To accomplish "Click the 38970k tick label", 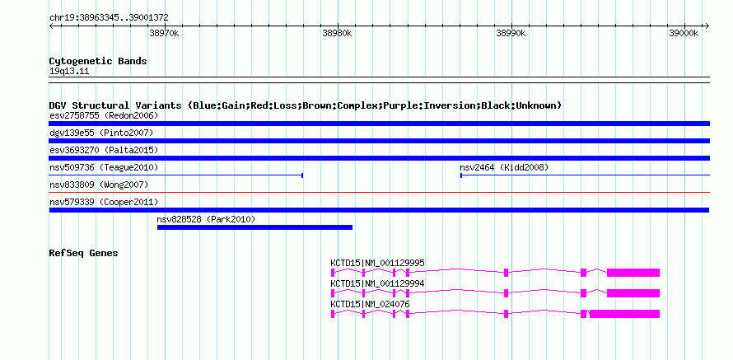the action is [x=164, y=33].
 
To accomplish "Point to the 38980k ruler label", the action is [x=337, y=33].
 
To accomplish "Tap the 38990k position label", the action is [x=511, y=33].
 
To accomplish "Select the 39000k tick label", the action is [x=684, y=33].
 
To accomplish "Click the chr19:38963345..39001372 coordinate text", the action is [x=109, y=18].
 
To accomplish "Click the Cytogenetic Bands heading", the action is [x=98, y=61].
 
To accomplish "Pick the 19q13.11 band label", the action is [x=69, y=72].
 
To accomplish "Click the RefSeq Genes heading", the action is [x=83, y=254].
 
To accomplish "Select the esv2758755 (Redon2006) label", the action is [x=104, y=115].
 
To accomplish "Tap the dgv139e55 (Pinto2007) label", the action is [x=101, y=133].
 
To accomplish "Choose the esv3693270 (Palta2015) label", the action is [x=104, y=150].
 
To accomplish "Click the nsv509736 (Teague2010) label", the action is [x=104, y=167].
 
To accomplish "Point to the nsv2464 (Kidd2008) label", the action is [x=504, y=167].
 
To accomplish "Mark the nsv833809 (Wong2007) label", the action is [x=99, y=185].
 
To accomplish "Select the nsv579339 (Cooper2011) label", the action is [x=104, y=202].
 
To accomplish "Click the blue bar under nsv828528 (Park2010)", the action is [x=254, y=227].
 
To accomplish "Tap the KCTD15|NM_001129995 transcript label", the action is [x=377, y=264].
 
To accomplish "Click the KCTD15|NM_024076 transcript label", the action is [x=370, y=304].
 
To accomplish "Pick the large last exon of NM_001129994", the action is [x=633, y=293].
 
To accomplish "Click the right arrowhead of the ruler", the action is [x=707, y=26].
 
